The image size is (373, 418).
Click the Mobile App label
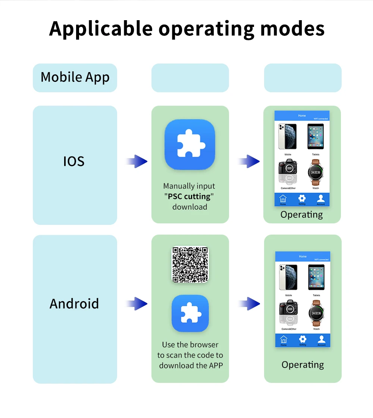coord(75,77)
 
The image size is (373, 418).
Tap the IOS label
coord(74,161)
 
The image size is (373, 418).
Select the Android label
coord(74,303)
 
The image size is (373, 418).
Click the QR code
coord(190,264)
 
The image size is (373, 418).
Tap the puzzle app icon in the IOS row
coord(190,144)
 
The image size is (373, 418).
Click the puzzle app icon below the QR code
coord(190,313)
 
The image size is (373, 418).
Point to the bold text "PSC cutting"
coord(189,196)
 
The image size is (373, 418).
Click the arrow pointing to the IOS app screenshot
coord(248,161)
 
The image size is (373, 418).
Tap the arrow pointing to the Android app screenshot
coord(248,304)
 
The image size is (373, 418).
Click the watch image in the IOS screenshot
coord(316,173)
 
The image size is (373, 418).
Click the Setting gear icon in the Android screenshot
coord(303,339)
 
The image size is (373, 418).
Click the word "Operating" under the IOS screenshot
coord(301,215)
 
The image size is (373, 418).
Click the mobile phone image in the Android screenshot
coord(288,278)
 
